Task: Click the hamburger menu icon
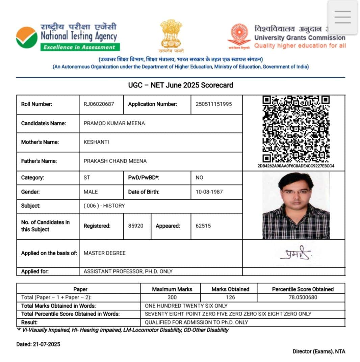(342, 17)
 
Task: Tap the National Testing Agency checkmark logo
(27, 37)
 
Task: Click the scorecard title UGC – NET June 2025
(180, 85)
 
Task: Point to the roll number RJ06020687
(99, 104)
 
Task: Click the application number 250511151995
(214, 104)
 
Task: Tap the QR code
(296, 129)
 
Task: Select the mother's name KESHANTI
(96, 142)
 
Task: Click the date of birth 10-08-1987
(209, 192)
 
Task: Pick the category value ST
(87, 178)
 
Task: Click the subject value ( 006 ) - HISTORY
(104, 206)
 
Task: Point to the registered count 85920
(136, 226)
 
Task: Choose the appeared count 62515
(203, 226)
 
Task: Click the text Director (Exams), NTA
(319, 352)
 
